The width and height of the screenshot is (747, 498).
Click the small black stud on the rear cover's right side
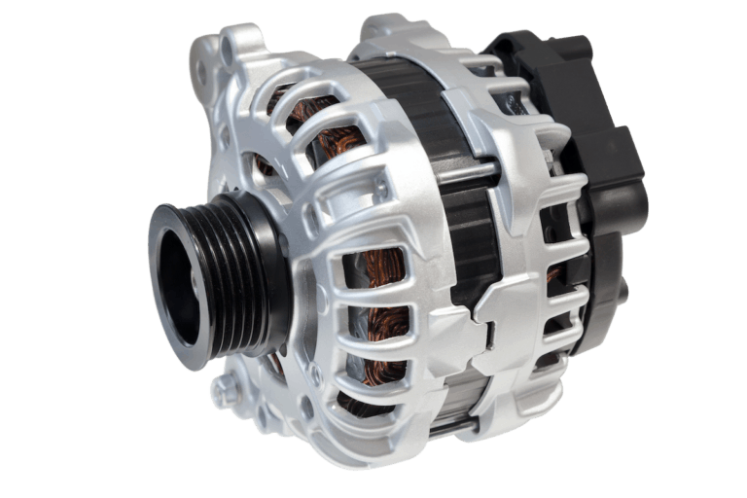[x=623, y=292]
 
